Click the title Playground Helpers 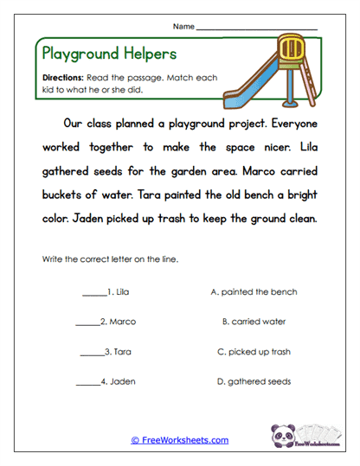[109, 53]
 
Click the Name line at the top [256, 29]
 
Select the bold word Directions [62, 77]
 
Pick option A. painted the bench [254, 292]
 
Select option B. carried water [254, 322]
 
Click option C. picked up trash [254, 352]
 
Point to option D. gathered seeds [254, 381]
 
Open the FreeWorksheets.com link [180, 440]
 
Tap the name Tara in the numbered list [122, 352]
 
